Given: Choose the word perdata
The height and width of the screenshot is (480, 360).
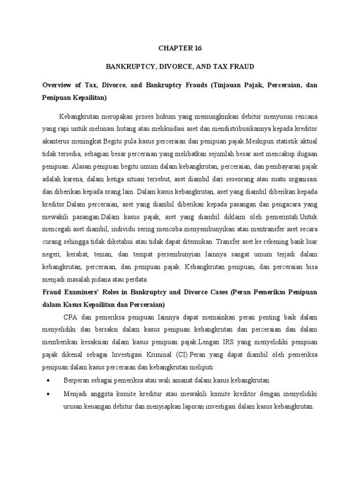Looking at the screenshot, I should pyautogui.click(x=135, y=280).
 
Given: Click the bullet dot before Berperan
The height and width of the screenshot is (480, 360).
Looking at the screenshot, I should pyautogui.click(x=48, y=380).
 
